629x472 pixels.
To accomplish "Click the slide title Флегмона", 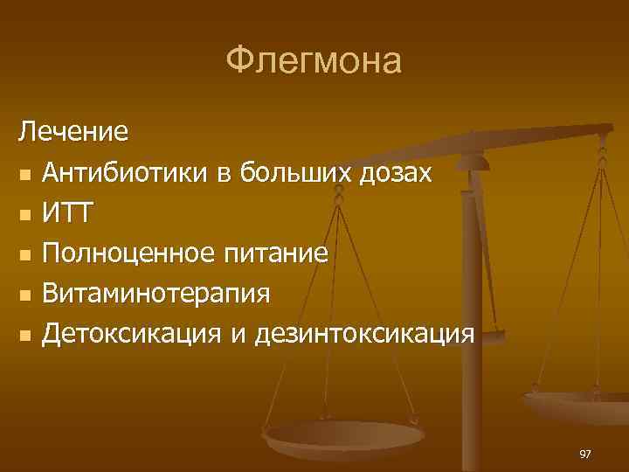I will pos(314,61).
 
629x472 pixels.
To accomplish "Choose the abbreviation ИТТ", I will pos(69,212).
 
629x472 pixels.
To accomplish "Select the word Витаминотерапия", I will pos(156,293).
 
